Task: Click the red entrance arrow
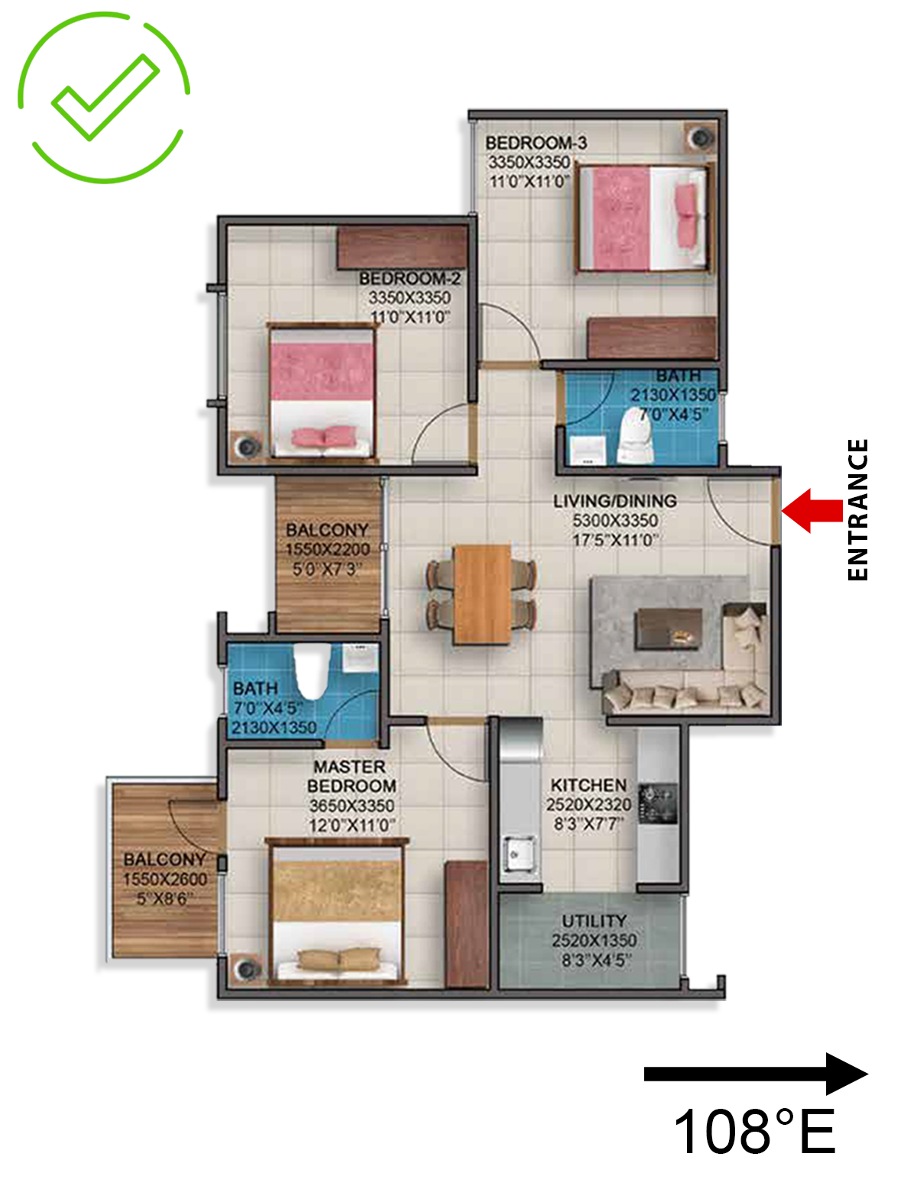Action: (812, 511)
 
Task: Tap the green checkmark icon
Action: (104, 98)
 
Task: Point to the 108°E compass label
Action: (755, 1132)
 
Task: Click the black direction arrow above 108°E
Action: (756, 1074)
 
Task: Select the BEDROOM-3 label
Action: (536, 143)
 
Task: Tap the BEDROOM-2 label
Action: (410, 279)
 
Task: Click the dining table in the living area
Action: (481, 594)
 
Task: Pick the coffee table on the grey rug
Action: (669, 628)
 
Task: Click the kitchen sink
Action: (519, 852)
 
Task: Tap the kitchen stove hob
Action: (659, 804)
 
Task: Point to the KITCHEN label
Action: (588, 785)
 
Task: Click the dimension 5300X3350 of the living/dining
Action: (615, 520)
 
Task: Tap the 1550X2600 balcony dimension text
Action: (164, 879)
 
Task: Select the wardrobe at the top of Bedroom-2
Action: (402, 247)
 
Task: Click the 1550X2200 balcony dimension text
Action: (327, 549)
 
